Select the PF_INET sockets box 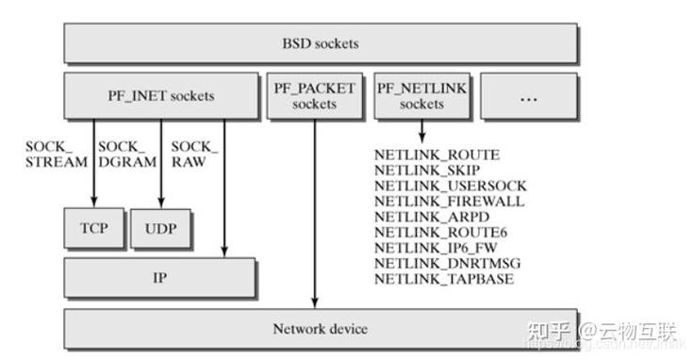click(160, 95)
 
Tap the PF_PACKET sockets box click(314, 96)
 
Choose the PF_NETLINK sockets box click(421, 96)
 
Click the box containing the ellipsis click(528, 96)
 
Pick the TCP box click(92, 229)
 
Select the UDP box click(160, 229)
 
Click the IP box click(160, 278)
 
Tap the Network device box click(321, 329)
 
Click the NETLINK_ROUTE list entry click(437, 155)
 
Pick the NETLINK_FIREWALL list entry click(449, 202)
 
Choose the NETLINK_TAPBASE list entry click(442, 280)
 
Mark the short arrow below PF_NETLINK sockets click(421, 132)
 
